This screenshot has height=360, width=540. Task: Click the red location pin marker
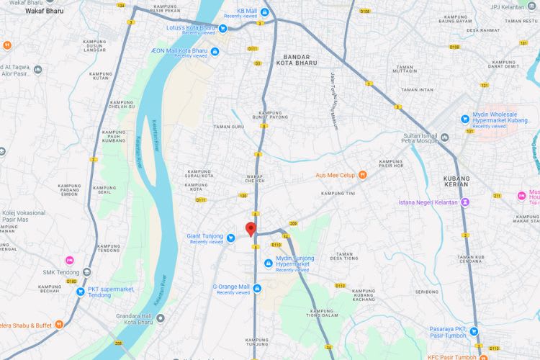coord(251,229)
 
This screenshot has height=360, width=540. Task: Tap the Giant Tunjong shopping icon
coord(230,238)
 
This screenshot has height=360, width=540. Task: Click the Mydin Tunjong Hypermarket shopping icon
coord(269,262)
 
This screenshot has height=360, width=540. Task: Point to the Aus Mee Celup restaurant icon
coord(363,174)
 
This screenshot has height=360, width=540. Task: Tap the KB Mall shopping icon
coord(265,12)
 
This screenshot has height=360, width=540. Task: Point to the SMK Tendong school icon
coord(86,272)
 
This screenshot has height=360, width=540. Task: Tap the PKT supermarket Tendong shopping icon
coord(81,292)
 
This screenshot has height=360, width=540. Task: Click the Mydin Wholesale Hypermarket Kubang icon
coord(466,118)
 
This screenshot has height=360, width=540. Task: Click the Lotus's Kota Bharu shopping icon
coord(222,29)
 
